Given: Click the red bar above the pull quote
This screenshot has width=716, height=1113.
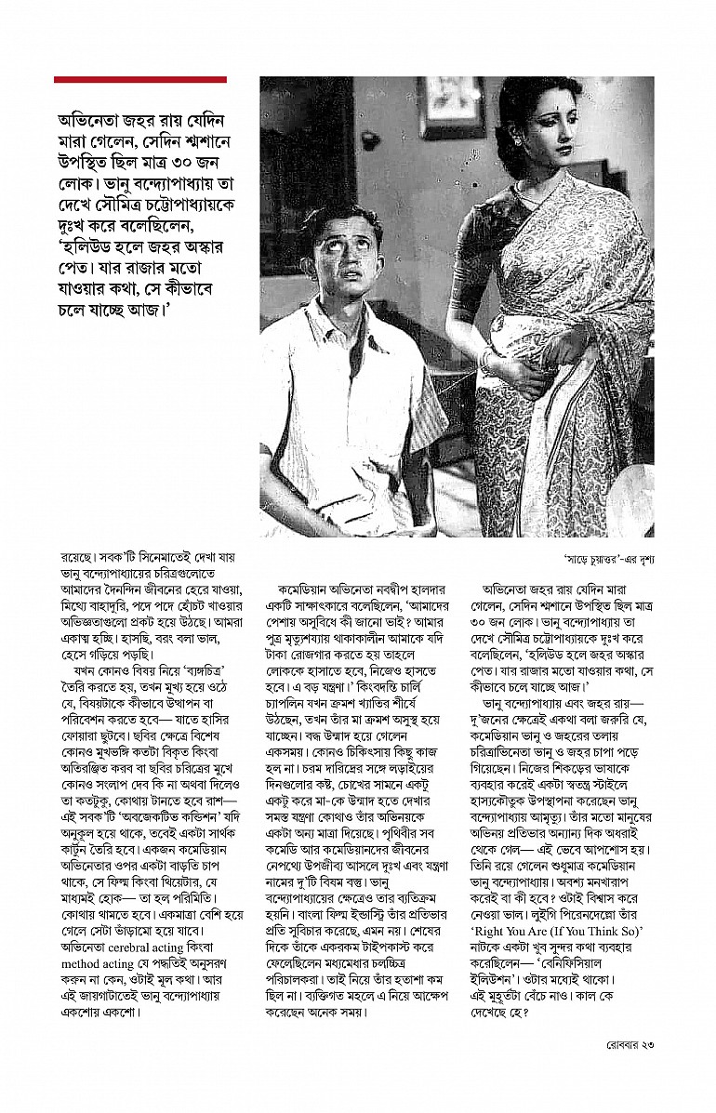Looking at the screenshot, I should click(x=139, y=80).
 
